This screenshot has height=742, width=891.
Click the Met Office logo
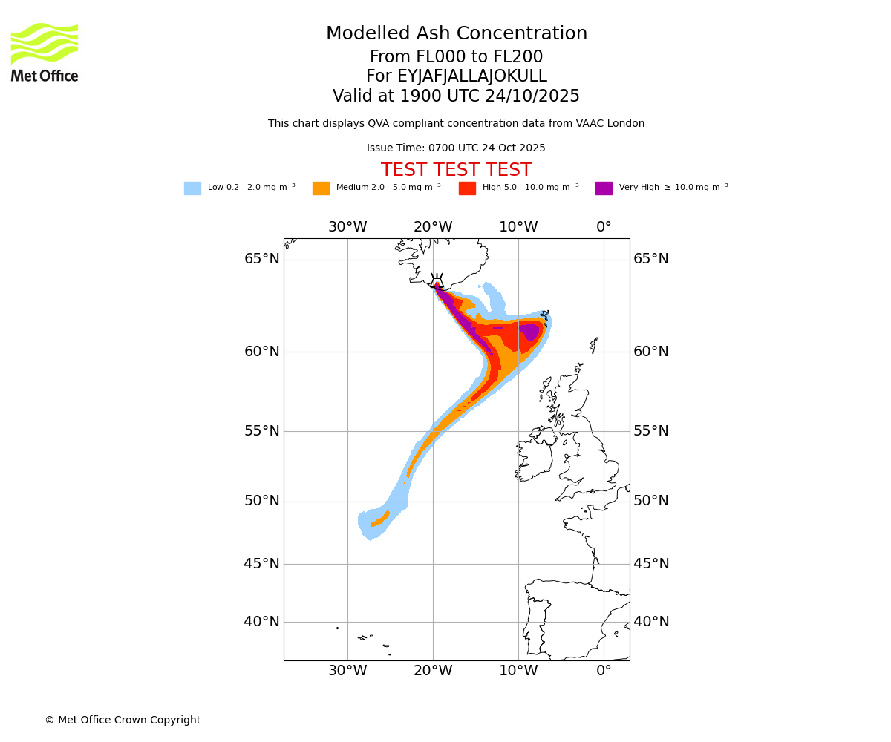point(45,52)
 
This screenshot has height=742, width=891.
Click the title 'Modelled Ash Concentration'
point(456,34)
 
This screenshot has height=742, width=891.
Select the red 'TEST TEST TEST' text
point(456,171)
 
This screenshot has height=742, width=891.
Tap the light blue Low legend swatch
point(192,188)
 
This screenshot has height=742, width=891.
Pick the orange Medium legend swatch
point(321,188)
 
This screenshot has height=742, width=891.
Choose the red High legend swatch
point(467,188)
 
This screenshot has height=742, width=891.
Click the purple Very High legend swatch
point(604,188)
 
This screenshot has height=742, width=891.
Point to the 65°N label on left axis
point(262,259)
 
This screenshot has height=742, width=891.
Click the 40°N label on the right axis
point(651,622)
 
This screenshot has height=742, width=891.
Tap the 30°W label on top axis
point(347,227)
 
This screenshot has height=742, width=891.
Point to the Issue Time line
point(456,148)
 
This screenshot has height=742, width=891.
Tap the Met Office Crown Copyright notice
point(123,720)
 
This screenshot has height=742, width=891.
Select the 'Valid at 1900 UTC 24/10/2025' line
point(456,96)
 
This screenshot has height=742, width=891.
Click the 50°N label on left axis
point(262,501)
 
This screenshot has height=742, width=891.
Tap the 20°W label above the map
point(433,227)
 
